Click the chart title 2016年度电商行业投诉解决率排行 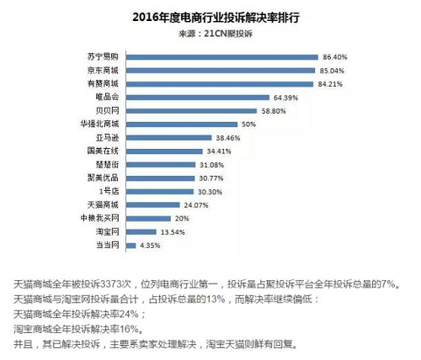pos(216,18)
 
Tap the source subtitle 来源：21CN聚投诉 pos(216,34)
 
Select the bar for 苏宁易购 pos(222,57)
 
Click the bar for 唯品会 pos(198,98)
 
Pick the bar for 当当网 pos(131,246)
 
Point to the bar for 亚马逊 pos(169,138)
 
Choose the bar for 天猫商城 pos(153,205)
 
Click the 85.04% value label pos(332,71)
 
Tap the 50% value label pos(248,124)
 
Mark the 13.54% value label pos(173,232)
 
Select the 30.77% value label pos(211,178)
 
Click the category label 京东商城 pos(103,70)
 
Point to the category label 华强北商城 pos(99,124)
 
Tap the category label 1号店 pos(109,191)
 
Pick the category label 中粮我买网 pos(99,218)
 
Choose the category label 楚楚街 pos(107,164)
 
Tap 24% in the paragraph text pos(129,314)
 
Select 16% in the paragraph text pos(129,329)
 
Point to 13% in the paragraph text pos(216,299)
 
